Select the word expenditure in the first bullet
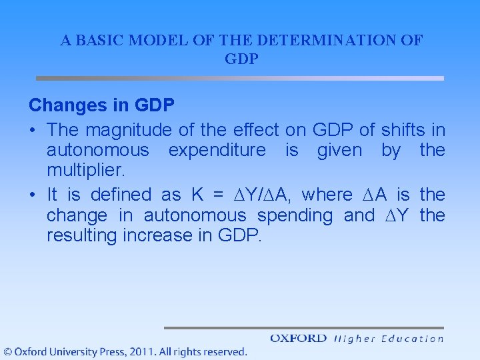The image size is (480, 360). tap(217, 150)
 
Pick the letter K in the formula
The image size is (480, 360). tap(197, 195)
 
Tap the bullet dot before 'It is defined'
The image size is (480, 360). tap(33, 195)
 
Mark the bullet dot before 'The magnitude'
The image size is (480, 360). tap(33, 129)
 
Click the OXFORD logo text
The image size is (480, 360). tap(298, 339)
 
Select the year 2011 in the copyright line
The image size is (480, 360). tap(142, 351)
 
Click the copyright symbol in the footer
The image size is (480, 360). tap(7, 351)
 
